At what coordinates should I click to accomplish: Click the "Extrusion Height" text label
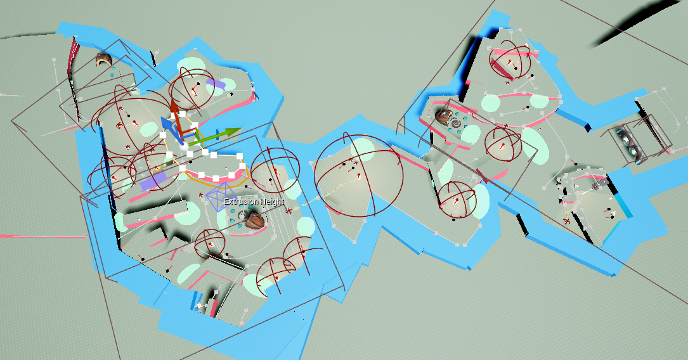click(x=254, y=202)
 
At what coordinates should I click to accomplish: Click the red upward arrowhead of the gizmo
click(x=174, y=107)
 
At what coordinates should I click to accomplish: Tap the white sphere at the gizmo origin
click(x=185, y=143)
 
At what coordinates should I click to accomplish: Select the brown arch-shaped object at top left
click(x=103, y=60)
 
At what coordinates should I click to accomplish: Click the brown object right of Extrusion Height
click(x=254, y=221)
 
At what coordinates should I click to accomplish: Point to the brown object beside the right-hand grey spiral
click(x=443, y=117)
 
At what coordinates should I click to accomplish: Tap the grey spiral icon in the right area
click(x=457, y=124)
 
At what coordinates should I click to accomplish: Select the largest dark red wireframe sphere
click(x=358, y=176)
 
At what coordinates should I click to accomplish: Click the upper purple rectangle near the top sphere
click(x=216, y=83)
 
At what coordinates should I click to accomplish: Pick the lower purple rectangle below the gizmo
click(x=153, y=181)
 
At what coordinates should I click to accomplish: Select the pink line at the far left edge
click(x=44, y=236)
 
